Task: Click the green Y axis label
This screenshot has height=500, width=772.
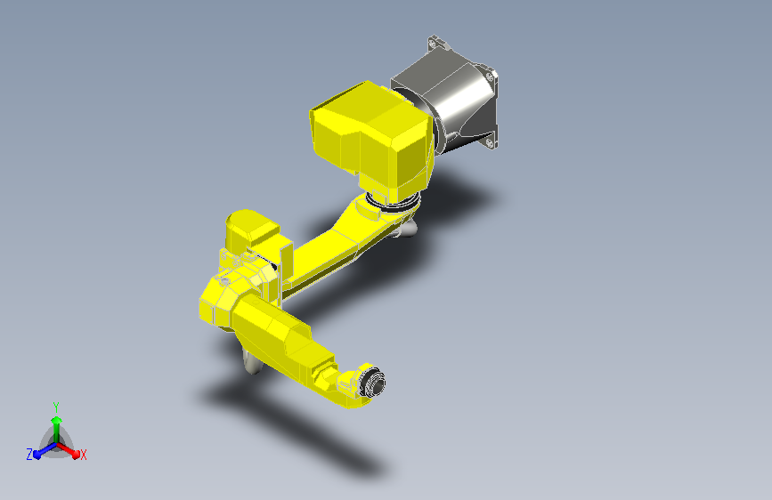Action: click(55, 405)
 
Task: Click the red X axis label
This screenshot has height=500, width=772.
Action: click(84, 455)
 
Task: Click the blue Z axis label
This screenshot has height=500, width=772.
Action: click(29, 454)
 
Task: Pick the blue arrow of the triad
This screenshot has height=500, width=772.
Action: click(41, 449)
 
